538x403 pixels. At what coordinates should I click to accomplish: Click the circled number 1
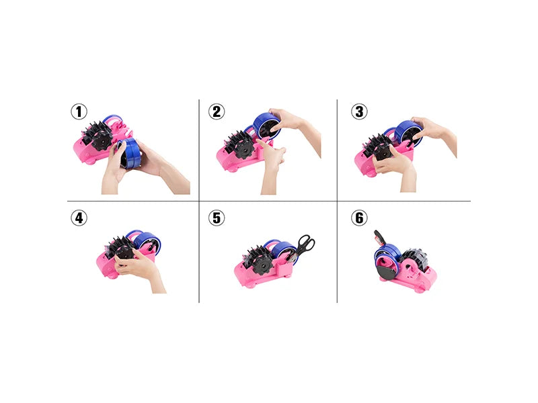pos(79,111)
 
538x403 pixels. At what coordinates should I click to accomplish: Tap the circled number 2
pos(217,111)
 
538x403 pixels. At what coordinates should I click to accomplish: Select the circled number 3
pos(359,111)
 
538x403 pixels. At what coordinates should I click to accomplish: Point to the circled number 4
pos(79,218)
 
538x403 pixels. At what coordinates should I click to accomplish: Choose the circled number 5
pos(217,218)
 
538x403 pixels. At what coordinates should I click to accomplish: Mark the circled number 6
pos(359,218)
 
